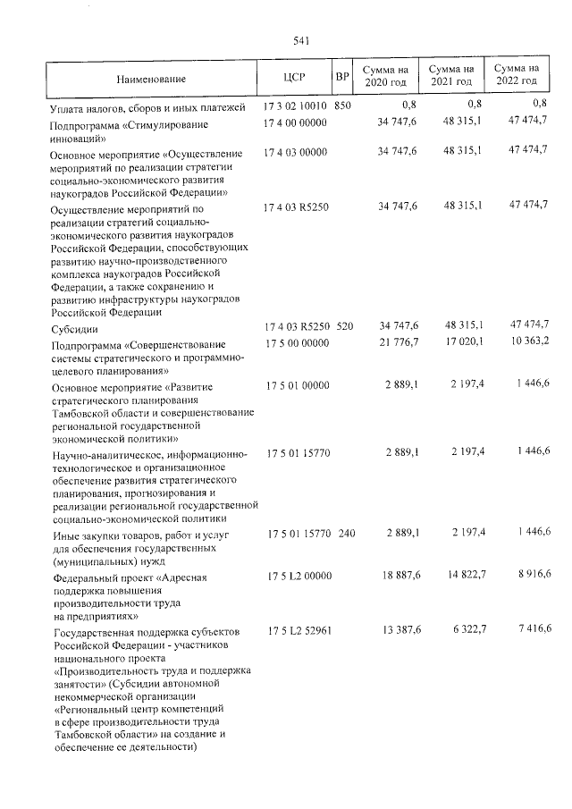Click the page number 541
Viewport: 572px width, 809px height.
300,40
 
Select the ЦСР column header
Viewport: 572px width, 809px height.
294,77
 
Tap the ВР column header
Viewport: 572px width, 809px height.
341,77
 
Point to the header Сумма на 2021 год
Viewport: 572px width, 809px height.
450,76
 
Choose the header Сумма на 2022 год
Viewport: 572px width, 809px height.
517,76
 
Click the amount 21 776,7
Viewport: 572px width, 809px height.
400,342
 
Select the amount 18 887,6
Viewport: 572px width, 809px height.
400,578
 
